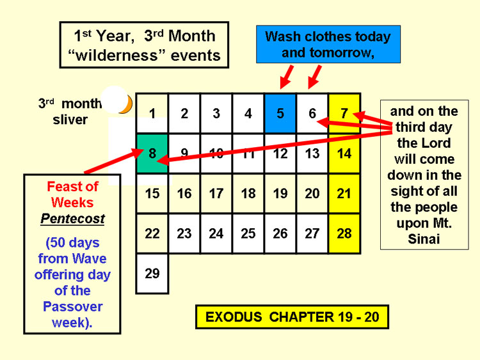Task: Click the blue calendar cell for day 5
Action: [280, 113]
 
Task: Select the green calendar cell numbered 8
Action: [152, 153]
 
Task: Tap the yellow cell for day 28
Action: [344, 233]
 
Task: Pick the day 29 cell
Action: [152, 274]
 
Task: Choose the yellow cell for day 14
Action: [344, 153]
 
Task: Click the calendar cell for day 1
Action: [152, 113]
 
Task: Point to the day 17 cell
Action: [216, 194]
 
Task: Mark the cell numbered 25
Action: [248, 233]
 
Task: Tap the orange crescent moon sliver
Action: [127, 105]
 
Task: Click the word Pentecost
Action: [72, 219]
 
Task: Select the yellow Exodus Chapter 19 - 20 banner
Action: [292, 317]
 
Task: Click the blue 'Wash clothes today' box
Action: [328, 44]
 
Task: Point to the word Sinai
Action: [424, 239]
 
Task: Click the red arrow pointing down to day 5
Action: [287, 77]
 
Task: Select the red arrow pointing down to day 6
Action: [315, 77]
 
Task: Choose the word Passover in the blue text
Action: [72, 306]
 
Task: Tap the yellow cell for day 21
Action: [344, 194]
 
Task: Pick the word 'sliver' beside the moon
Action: [70, 120]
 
